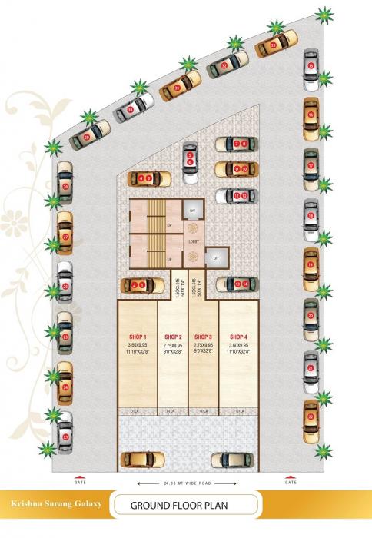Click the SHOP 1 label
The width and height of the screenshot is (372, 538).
[x=138, y=337]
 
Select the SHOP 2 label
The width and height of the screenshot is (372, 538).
[x=173, y=337]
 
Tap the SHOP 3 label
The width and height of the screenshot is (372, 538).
[x=204, y=337]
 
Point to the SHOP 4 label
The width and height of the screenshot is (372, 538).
[x=238, y=337]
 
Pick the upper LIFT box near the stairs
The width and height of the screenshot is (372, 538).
[x=193, y=208]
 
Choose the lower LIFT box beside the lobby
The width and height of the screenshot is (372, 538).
[x=216, y=258]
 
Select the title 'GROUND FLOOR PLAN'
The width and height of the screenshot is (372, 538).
[x=184, y=506]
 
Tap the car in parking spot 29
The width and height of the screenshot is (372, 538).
[x=87, y=137]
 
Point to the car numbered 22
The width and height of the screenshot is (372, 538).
[x=311, y=417]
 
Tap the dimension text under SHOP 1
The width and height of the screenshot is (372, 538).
[x=138, y=350]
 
